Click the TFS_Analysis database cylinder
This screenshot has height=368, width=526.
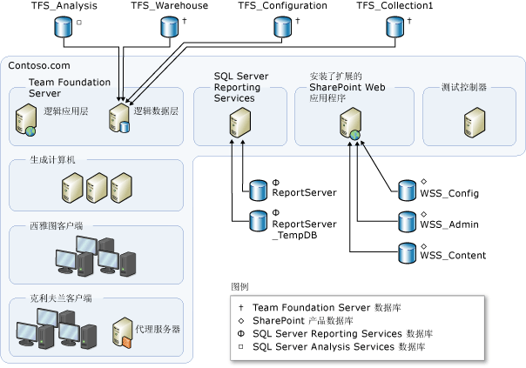tap(62, 27)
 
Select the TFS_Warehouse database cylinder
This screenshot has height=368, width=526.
tap(169, 27)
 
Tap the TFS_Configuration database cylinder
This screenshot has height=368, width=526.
tap(282, 27)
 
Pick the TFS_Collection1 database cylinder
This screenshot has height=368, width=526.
tap(394, 27)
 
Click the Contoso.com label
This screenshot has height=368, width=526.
tap(38, 65)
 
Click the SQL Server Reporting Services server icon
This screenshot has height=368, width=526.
tap(233, 122)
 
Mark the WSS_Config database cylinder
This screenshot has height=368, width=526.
tap(407, 191)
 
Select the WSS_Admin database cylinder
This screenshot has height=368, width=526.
tap(407, 222)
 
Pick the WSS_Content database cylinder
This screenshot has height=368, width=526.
tap(407, 253)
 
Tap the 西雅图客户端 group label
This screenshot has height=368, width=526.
tap(51, 226)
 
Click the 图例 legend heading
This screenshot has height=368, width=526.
tap(240, 285)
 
